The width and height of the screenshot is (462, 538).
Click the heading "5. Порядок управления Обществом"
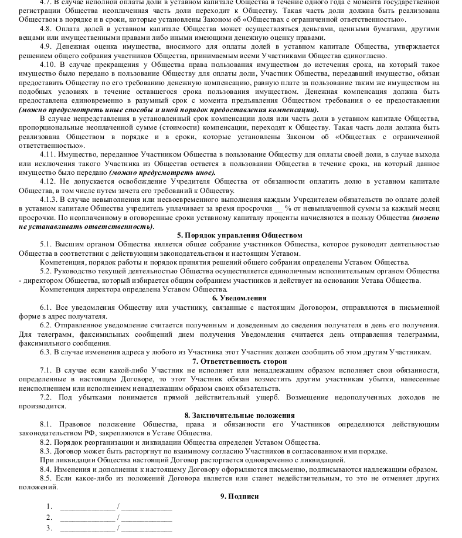tap(231, 235)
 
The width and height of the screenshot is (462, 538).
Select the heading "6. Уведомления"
tap(231, 298)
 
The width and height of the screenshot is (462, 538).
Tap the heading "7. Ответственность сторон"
tap(231, 361)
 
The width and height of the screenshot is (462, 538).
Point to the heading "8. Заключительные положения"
tap(231, 415)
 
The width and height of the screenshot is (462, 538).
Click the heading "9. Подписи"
tap(231, 496)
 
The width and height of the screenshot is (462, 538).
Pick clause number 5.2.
tap(46, 271)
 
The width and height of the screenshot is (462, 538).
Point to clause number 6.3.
tap(46, 352)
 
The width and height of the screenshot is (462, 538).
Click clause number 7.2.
tap(46, 397)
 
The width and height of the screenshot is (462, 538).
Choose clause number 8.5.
tap(46, 478)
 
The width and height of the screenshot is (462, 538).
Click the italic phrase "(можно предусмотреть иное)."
tap(162, 172)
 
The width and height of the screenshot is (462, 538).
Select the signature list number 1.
tap(49, 506)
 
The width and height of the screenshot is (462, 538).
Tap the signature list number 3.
tap(49, 528)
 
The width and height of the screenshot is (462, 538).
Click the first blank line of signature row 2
tap(87, 517)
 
